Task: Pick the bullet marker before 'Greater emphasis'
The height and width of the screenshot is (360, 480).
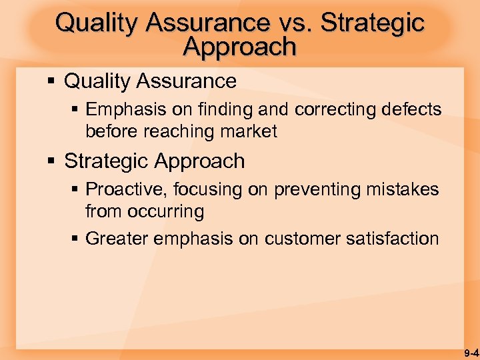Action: click(x=75, y=239)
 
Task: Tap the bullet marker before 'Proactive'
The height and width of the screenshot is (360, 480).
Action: click(x=75, y=190)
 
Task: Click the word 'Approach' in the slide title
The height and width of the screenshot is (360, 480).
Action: click(x=239, y=47)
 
